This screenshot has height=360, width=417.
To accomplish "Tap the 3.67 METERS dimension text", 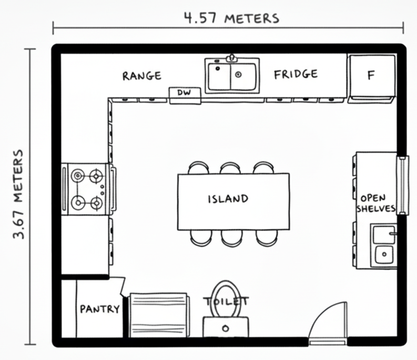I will point(19,194).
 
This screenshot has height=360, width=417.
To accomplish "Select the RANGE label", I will point(141,76).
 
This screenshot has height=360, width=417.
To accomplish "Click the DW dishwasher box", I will point(184,93).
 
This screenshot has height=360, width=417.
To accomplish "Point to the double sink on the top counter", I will point(231,76).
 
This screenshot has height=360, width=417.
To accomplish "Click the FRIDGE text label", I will point(296,74).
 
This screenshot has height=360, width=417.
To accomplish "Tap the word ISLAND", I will point(228,199).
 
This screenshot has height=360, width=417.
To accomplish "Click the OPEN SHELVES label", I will point(376,203).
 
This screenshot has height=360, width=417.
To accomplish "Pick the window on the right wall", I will point(402,185).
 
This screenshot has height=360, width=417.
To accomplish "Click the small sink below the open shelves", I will point(384,245).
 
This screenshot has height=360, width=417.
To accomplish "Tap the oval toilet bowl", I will point(227,299).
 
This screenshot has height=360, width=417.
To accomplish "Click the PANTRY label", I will point(99,309).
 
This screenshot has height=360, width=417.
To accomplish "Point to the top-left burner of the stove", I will point(78,175).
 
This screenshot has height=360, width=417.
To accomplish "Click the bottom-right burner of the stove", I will point(97,202).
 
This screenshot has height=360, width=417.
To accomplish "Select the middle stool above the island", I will point(230,168).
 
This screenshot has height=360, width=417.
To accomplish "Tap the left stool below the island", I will point(200,238).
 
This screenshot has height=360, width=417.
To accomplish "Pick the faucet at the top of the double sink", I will point(231,57).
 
